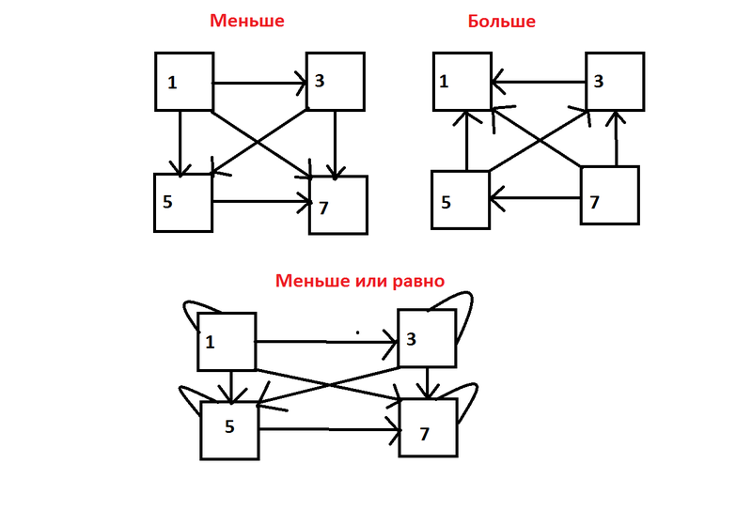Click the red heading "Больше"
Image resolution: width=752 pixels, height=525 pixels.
click(501, 21)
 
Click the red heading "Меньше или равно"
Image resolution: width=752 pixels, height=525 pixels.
click(359, 281)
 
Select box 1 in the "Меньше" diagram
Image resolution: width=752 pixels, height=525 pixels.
click(184, 82)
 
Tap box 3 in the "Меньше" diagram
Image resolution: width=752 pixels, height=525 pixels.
click(335, 82)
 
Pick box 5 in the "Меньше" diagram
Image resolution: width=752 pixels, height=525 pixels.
click(183, 202)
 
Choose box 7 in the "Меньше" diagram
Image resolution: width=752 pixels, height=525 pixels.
click(338, 205)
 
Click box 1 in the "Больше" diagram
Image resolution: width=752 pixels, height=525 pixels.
click(462, 82)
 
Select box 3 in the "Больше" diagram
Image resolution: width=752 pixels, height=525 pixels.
click(615, 82)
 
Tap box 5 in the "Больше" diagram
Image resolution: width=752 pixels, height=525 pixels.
click(460, 200)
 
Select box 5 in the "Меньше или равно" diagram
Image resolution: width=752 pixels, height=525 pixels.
click(229, 428)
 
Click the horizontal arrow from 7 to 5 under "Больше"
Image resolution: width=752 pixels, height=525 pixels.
click(535, 197)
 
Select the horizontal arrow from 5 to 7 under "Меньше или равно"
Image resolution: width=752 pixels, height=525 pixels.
click(329, 430)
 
